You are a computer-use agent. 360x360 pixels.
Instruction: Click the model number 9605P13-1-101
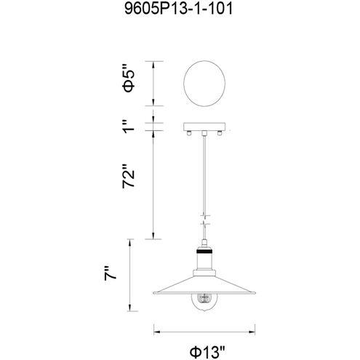click(x=178, y=9)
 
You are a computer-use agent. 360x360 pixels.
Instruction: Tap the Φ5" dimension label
click(x=128, y=79)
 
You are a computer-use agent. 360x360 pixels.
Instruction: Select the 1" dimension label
click(x=129, y=127)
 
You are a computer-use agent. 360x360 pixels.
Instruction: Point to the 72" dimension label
click(x=128, y=176)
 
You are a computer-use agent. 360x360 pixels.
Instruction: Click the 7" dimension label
click(x=111, y=273)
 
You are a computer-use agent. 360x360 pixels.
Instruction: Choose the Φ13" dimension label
click(x=207, y=352)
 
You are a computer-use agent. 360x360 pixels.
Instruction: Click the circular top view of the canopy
click(x=204, y=84)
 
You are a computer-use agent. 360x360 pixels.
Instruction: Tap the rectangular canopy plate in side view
click(x=204, y=127)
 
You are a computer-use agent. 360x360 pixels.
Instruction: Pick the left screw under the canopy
click(x=189, y=133)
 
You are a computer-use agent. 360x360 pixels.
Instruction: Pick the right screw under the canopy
click(x=220, y=133)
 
